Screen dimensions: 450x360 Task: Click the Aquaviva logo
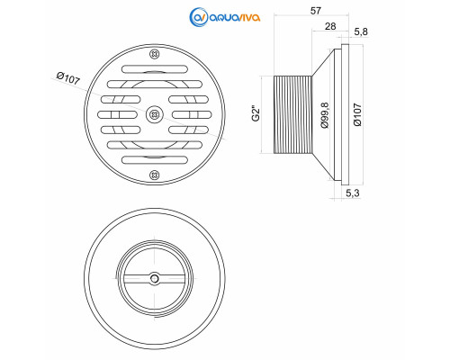tap(225, 17)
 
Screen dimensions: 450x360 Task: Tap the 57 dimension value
tap(316, 11)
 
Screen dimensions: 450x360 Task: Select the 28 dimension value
tap(330, 26)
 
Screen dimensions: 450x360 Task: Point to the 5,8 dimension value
tap(360, 31)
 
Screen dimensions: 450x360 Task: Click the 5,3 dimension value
tap(353, 193)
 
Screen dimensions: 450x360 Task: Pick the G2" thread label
tap(256, 113)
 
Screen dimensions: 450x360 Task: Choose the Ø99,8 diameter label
tap(325, 115)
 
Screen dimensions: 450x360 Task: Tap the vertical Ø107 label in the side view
tap(357, 115)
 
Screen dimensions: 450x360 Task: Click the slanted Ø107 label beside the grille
tap(68, 78)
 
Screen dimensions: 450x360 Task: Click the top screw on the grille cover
tap(154, 54)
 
